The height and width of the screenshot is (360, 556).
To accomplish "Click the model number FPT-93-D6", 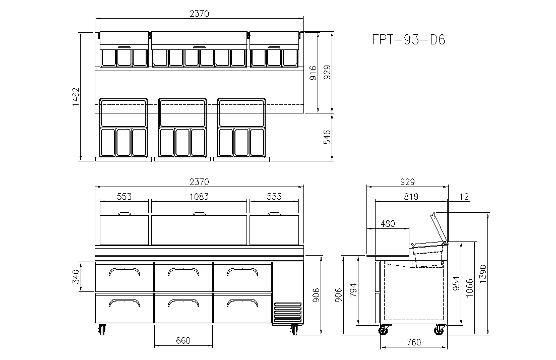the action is tap(408, 39).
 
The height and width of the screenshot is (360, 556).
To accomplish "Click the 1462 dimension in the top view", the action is tap(76, 96).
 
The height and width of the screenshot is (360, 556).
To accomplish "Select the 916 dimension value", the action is tap(313, 73).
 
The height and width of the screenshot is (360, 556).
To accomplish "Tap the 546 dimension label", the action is tap(327, 137).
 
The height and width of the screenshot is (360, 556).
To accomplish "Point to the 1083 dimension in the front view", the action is tap(199, 197).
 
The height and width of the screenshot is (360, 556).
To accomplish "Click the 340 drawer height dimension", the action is tap(76, 277).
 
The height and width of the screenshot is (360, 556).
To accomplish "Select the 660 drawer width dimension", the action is tap(183, 340).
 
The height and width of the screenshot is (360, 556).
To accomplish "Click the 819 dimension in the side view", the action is tap(411, 197).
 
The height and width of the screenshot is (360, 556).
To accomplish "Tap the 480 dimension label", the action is tap(387, 224).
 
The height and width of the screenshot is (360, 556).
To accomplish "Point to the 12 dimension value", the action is tap(464, 197).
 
